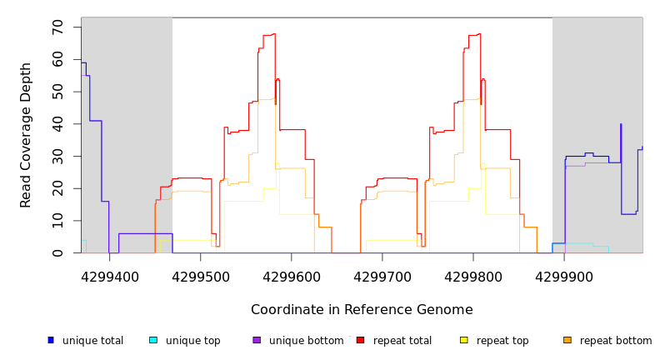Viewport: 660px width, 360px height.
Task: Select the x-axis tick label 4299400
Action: (109, 277)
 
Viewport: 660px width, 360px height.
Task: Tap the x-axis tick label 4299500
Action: (200, 277)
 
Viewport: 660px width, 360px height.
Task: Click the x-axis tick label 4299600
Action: (291, 277)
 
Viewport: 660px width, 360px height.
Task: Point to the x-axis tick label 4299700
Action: (382, 277)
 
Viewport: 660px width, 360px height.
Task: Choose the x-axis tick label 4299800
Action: (473, 277)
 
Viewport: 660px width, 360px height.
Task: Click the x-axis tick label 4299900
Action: (564, 277)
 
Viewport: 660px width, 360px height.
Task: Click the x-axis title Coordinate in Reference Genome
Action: (362, 310)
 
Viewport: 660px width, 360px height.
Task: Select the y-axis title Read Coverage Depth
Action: (27, 134)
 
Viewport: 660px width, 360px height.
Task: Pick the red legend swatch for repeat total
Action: (361, 340)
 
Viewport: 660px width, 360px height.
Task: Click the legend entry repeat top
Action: (502, 341)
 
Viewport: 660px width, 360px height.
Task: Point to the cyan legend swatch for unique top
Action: (153, 340)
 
